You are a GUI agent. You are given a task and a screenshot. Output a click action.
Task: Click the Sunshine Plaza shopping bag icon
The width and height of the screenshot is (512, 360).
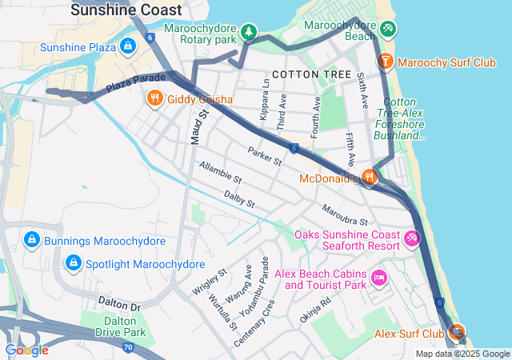[127, 47]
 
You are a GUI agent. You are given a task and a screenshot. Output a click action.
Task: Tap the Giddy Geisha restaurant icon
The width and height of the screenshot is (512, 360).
[154, 99]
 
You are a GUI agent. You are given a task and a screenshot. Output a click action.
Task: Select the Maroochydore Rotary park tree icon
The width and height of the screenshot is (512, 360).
[250, 31]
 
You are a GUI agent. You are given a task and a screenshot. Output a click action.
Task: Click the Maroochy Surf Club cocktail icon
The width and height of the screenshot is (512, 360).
[386, 61]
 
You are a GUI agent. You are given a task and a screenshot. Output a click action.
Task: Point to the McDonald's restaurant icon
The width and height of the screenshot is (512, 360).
[369, 178]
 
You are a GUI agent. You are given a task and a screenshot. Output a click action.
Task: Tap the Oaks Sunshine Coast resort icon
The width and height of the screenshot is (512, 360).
[413, 238]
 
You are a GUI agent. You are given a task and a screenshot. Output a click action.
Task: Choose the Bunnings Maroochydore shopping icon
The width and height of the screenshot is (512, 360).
[31, 240]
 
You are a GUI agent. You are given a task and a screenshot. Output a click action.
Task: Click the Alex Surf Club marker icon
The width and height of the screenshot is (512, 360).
[458, 332]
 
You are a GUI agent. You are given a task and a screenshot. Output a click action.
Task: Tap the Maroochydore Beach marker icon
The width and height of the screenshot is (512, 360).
[388, 30]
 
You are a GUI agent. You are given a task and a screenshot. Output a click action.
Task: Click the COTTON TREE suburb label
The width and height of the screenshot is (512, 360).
[311, 74]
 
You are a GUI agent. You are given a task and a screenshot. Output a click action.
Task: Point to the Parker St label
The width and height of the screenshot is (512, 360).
[265, 156]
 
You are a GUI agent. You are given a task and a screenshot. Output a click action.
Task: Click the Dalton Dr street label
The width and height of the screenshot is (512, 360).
[118, 305]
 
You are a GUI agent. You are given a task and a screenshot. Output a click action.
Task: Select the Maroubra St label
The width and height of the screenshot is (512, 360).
[344, 215]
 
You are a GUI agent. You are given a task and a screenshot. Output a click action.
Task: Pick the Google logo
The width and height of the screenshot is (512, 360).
[26, 350]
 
